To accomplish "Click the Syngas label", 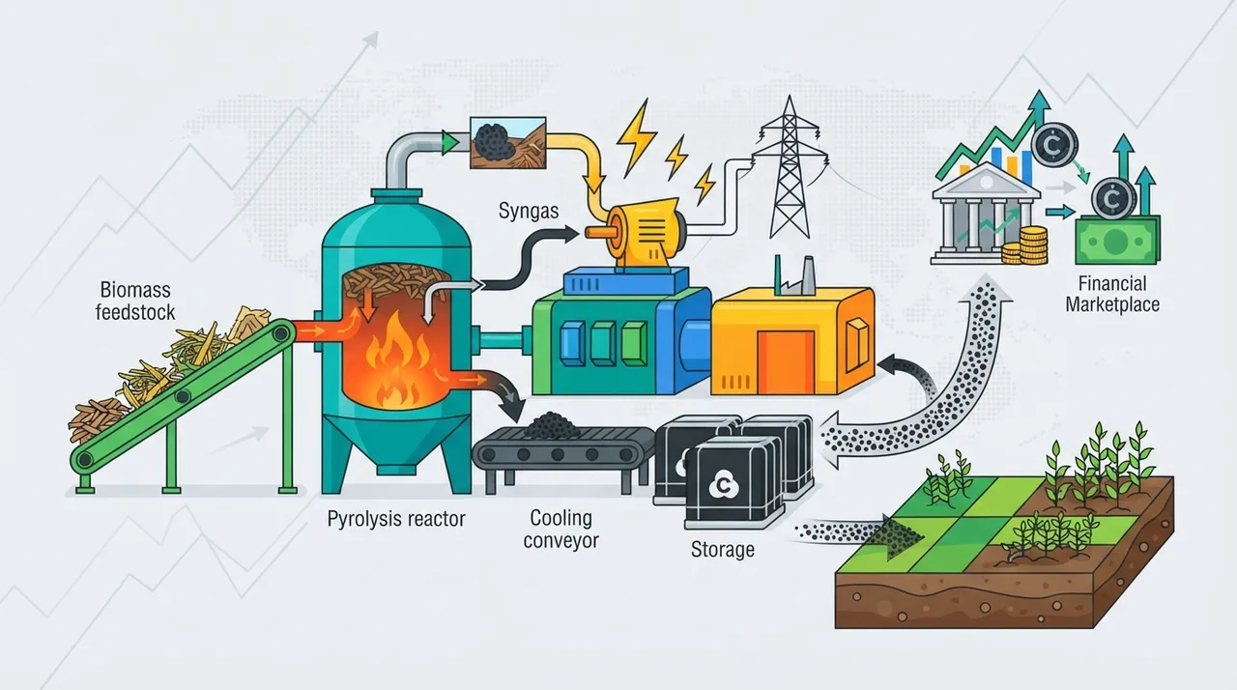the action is coord(529,212).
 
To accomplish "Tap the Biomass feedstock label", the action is coord(135,302).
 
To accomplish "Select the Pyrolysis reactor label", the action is coord(396,519).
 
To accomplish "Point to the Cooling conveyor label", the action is coord(561,530).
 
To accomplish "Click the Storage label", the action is coord(722,550).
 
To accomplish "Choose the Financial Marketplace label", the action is coord(1112,295).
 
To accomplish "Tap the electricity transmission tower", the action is coord(790,167).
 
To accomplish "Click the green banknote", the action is coord(1117,240).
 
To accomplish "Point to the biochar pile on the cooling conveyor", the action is coord(550,426).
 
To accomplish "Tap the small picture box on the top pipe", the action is coord(508,142).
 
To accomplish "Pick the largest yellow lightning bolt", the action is coord(635,137).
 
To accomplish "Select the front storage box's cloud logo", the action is coord(721,484).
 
